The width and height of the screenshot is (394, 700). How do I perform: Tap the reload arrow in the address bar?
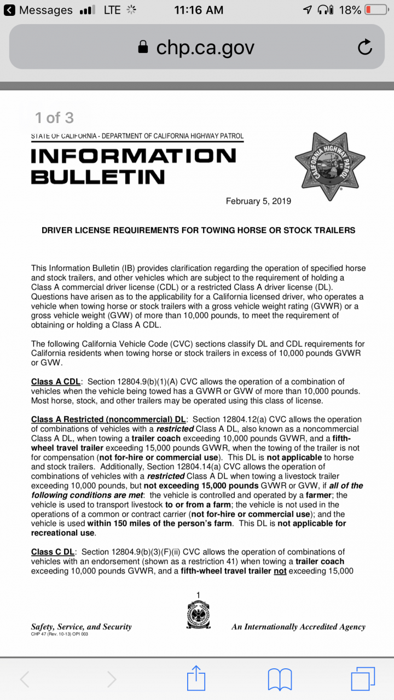coord(365,48)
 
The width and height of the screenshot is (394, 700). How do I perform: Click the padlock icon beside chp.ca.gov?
coord(143,48)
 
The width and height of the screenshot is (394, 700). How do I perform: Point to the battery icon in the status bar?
coord(376,10)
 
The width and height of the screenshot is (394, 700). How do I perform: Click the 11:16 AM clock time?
coord(198,10)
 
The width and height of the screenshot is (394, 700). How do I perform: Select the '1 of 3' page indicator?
coord(54,118)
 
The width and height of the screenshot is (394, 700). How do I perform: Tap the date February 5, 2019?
coord(258,201)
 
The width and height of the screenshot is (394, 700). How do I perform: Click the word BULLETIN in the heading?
coord(98,177)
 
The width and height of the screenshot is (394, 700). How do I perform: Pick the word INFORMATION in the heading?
coord(134,156)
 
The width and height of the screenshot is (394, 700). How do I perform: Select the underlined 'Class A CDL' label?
coord(56,382)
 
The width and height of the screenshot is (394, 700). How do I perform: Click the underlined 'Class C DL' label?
coord(53,552)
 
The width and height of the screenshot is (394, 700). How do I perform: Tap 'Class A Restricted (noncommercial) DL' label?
coord(108,419)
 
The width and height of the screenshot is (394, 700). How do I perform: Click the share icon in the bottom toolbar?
coord(196,679)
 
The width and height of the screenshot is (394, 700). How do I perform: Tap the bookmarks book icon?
coord(280,679)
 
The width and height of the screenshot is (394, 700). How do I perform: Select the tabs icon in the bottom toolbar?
coord(363,679)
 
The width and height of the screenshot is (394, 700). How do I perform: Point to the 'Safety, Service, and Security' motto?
coord(82,627)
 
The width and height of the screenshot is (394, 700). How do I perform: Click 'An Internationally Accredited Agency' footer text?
coord(298,627)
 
